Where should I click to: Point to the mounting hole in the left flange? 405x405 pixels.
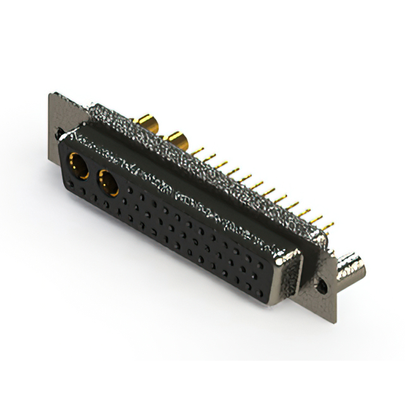(59, 134)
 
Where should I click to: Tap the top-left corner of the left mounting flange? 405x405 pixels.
(50, 95)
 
